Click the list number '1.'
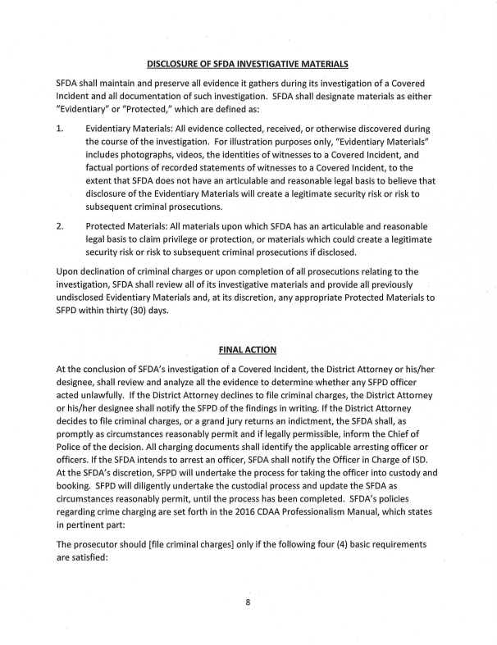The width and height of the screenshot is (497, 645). (60, 129)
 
